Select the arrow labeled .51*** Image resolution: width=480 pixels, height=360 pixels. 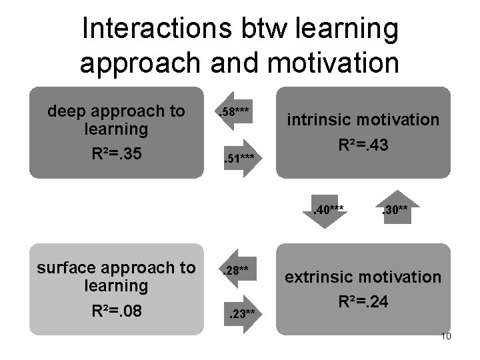pyautogui.click(x=239, y=158)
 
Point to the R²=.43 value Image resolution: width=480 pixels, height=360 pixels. pyautogui.click(x=363, y=145)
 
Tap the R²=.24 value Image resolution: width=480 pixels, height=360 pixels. pyautogui.click(x=363, y=301)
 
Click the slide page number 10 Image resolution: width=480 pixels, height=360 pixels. pyautogui.click(x=446, y=336)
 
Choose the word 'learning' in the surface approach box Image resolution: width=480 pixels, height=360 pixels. pyautogui.click(x=117, y=286)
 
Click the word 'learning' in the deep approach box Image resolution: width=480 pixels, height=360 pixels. pyautogui.click(x=117, y=128)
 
